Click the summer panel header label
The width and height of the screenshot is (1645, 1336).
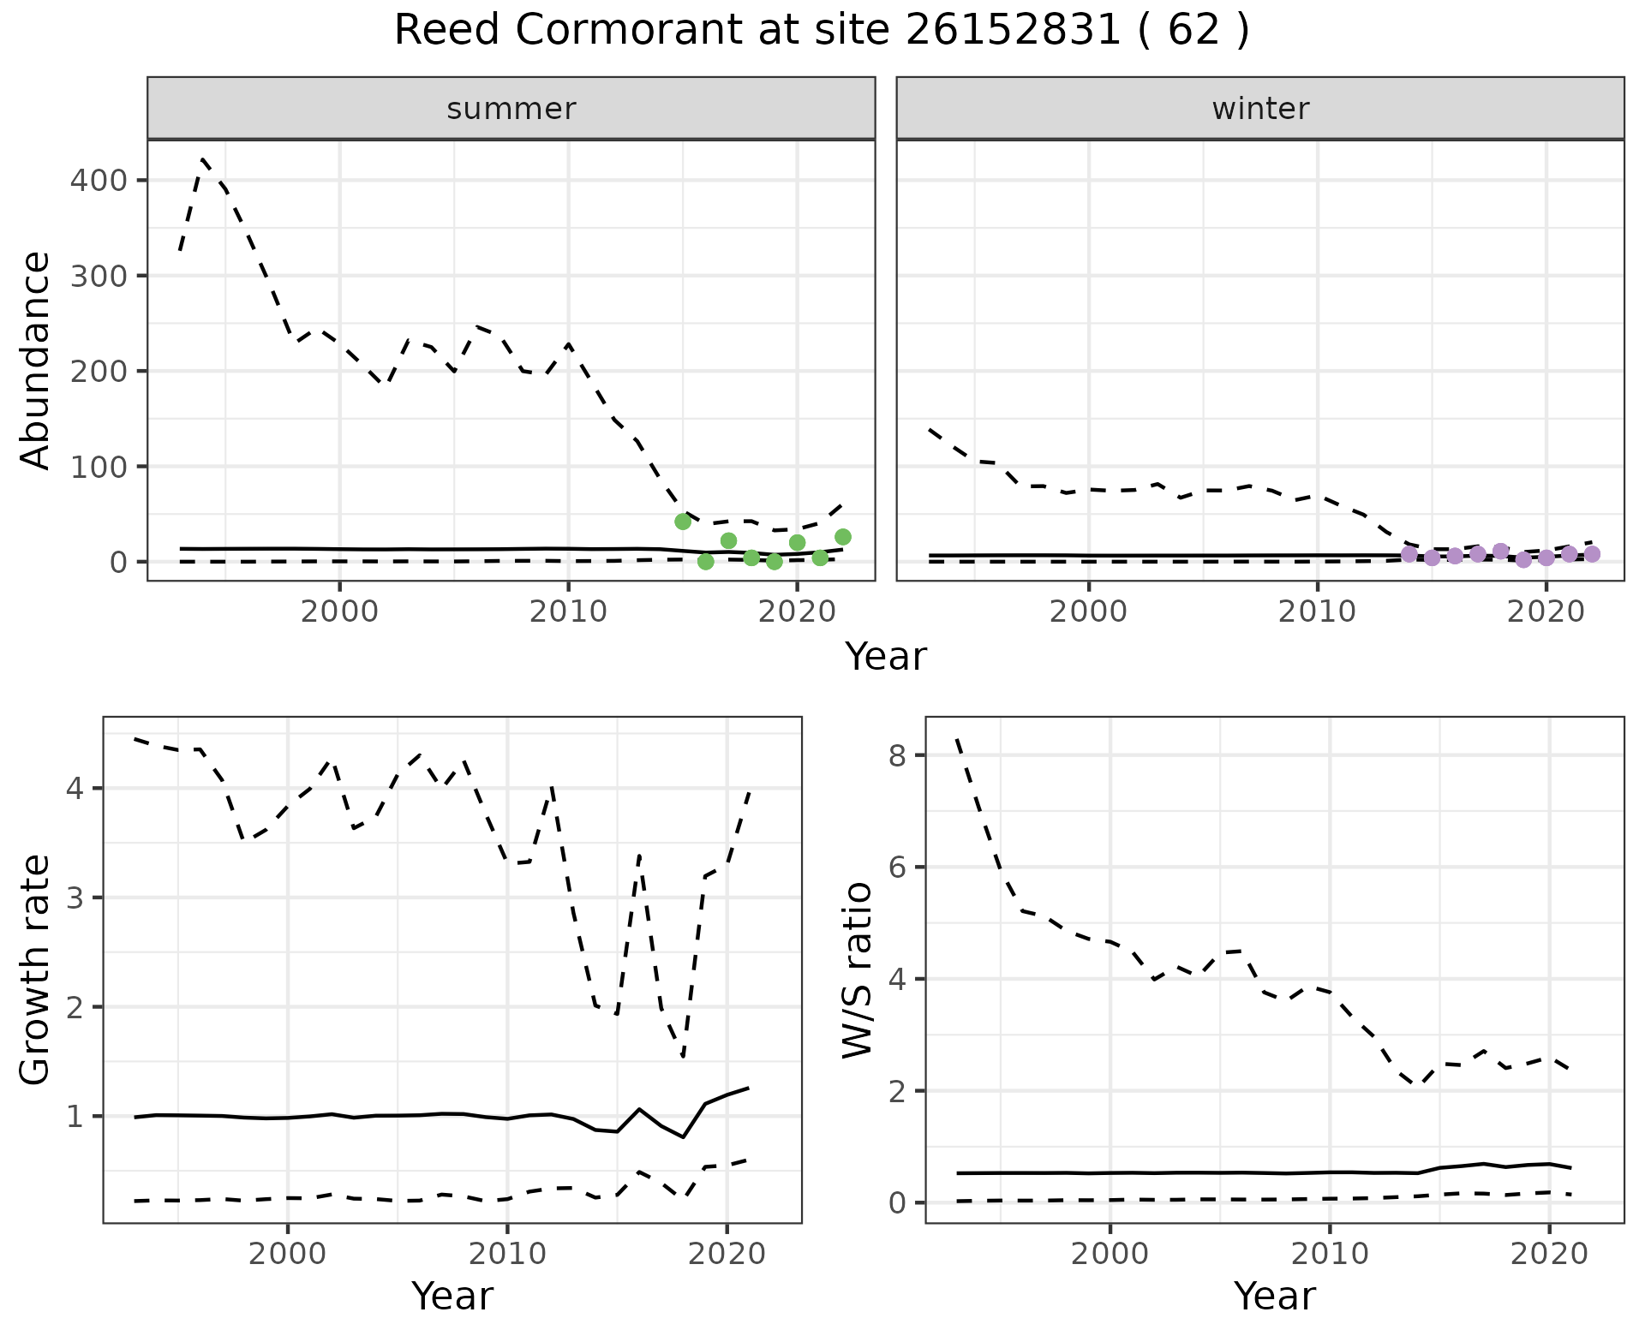pyautogui.click(x=511, y=109)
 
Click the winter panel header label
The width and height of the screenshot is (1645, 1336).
pyautogui.click(x=1259, y=109)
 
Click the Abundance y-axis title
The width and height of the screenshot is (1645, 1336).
pyautogui.click(x=36, y=360)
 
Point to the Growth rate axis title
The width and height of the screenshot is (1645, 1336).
pyautogui.click(x=36, y=969)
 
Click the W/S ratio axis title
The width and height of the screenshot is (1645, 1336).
pyautogui.click(x=858, y=969)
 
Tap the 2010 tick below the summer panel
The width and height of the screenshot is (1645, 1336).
pyautogui.click(x=568, y=611)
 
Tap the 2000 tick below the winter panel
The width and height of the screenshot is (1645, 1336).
pyautogui.click(x=1088, y=611)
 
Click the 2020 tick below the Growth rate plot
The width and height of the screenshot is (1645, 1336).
pyautogui.click(x=727, y=1254)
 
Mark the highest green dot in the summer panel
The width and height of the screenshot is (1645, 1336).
pyautogui.click(x=683, y=522)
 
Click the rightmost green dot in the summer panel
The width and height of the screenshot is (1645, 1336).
pyautogui.click(x=843, y=537)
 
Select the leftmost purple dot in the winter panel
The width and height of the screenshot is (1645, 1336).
pyautogui.click(x=1409, y=554)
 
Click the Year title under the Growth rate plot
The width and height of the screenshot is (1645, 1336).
pyautogui.click(x=452, y=1297)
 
